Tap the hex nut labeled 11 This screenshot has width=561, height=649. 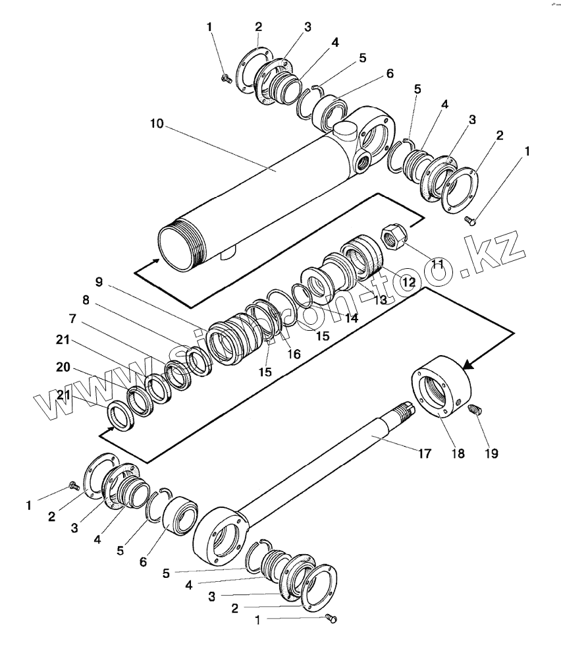394,237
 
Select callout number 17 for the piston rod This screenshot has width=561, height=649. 425,453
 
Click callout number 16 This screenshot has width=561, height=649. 294,354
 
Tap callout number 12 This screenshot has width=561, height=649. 409,281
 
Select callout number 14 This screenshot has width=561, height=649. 351,318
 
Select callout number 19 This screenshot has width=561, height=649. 491,453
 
